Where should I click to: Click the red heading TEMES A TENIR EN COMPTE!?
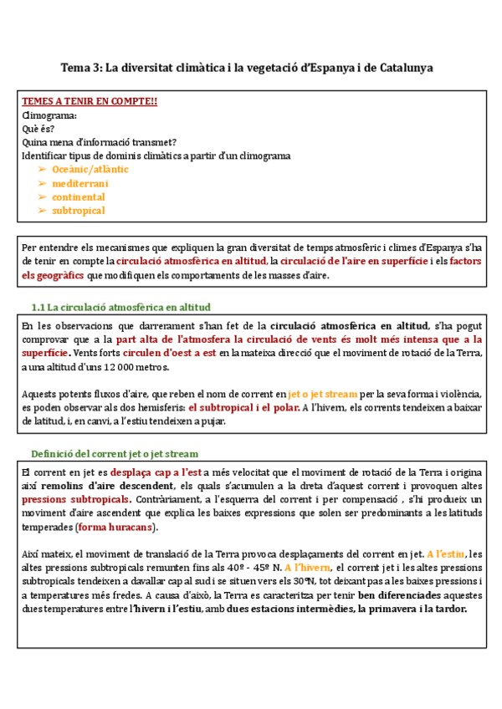(90, 102)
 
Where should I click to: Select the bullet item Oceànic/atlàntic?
(90, 169)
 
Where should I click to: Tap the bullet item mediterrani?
(80, 183)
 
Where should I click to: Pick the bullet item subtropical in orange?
(79, 211)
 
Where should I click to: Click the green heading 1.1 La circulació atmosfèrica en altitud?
(120, 307)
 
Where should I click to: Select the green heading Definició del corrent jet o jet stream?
(115, 454)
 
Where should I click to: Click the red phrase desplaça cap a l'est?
(164, 473)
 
